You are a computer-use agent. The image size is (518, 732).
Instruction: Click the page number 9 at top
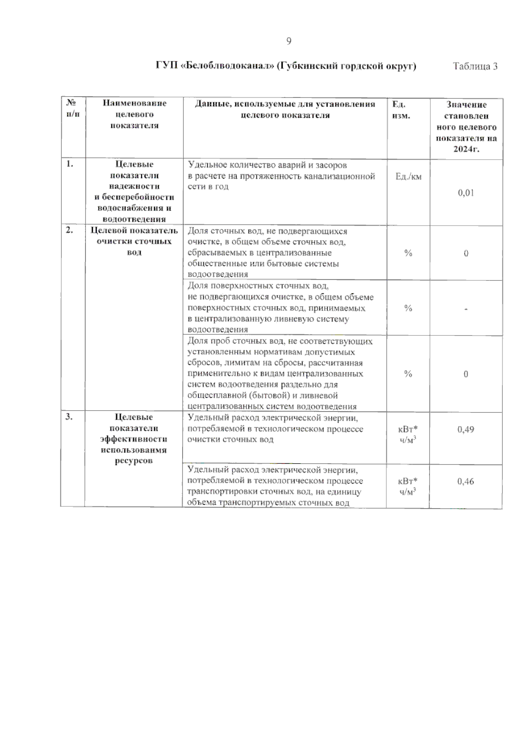click(289, 41)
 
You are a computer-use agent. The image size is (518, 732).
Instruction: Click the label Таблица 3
click(475, 66)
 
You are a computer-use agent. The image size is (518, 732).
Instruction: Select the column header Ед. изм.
click(401, 110)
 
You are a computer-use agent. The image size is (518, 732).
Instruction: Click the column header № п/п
click(73, 108)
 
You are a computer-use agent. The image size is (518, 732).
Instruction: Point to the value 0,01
click(466, 193)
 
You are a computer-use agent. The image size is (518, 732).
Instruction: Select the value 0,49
click(466, 429)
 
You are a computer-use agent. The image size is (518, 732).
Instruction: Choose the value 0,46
click(466, 481)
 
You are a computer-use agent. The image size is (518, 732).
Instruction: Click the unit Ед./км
click(408, 176)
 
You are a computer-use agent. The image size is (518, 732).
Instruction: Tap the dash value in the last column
click(466, 309)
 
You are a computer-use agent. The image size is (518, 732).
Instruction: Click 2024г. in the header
click(466, 149)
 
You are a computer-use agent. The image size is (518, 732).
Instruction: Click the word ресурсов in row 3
click(134, 461)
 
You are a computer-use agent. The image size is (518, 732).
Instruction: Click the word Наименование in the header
click(134, 103)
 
